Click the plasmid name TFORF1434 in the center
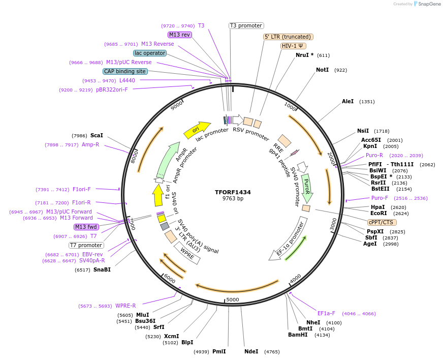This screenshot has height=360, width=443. (x=233, y=192)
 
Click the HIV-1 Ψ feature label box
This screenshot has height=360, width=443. (x=293, y=46)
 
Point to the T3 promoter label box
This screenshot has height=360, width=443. (x=246, y=25)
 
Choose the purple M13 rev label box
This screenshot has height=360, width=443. (x=179, y=35)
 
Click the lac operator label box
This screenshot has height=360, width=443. (x=150, y=53)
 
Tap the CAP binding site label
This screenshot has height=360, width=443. (x=125, y=71)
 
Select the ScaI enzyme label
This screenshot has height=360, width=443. (x=97, y=136)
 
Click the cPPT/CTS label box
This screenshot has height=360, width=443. (x=382, y=222)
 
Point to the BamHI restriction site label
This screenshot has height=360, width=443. (x=298, y=335)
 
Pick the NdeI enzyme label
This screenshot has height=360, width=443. (x=251, y=351)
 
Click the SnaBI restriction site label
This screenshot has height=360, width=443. (x=102, y=269)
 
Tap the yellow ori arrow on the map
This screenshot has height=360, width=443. (x=197, y=130)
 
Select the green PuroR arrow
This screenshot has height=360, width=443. (x=306, y=188)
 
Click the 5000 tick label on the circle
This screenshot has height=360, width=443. (x=232, y=299)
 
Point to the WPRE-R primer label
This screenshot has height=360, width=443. (x=125, y=306)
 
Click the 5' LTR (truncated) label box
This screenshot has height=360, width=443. (x=288, y=37)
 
